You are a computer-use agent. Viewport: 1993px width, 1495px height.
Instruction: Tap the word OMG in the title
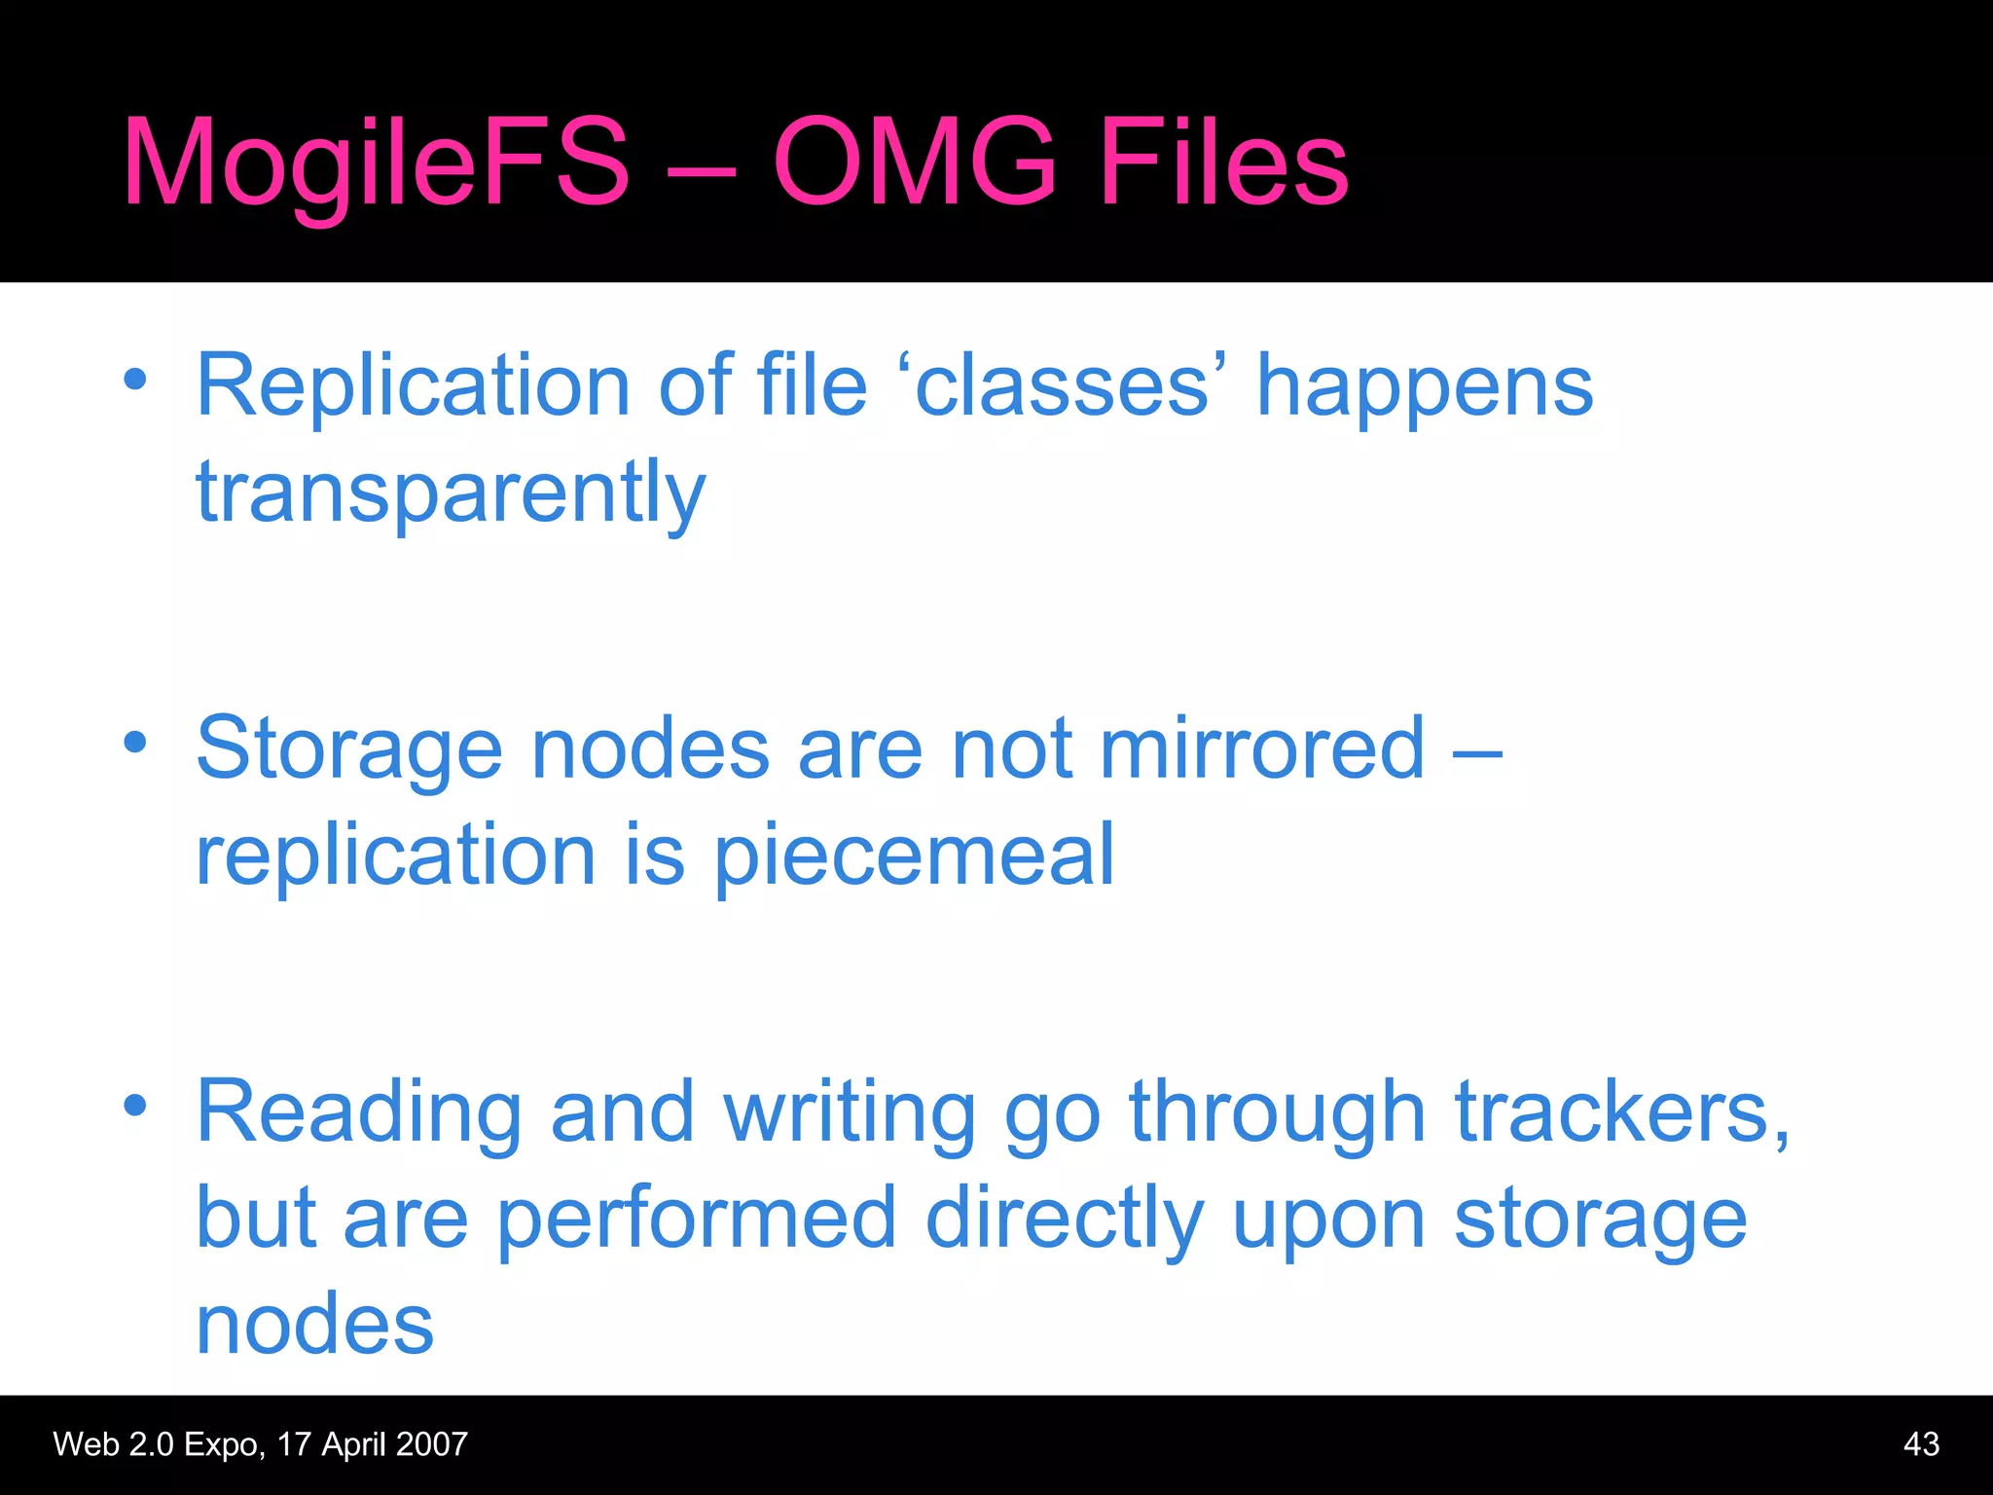[x=915, y=162]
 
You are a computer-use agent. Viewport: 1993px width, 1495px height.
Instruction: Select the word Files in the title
[x=1223, y=162]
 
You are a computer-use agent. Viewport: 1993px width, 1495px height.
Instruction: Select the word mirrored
[x=1262, y=748]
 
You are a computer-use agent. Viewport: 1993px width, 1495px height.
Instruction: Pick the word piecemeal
[x=915, y=857]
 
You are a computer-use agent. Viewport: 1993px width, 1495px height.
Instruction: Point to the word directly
[x=1065, y=1221]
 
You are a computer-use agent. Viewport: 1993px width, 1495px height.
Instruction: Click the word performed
[x=697, y=1221]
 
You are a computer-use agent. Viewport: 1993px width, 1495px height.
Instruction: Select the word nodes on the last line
[x=314, y=1325]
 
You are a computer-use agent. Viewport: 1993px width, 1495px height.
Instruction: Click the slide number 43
[x=1921, y=1444]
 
